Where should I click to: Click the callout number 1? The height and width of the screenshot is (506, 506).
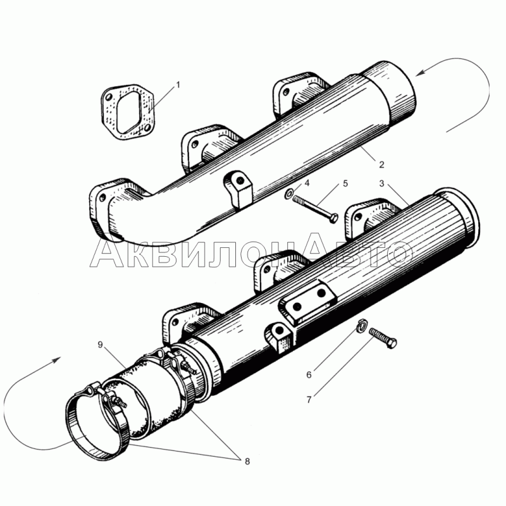click(178, 84)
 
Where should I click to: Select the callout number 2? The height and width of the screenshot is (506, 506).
click(381, 164)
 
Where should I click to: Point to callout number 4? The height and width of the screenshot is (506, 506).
click(307, 183)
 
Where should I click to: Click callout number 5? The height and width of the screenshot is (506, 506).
click(345, 183)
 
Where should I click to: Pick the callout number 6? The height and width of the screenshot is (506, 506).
click(309, 374)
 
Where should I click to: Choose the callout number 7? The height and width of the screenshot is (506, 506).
click(309, 400)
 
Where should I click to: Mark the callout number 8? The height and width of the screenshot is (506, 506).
click(246, 462)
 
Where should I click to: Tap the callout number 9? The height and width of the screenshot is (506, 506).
click(100, 344)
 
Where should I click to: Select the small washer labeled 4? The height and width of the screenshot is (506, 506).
click(288, 194)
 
